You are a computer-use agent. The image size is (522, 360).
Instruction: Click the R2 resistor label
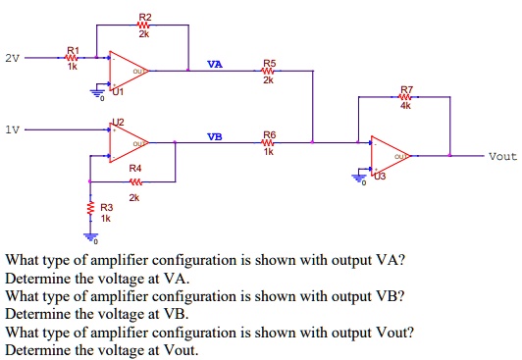coord(145,18)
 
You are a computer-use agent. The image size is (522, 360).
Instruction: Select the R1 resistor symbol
coord(71,58)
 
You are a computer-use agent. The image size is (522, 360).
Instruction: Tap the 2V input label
coord(11,58)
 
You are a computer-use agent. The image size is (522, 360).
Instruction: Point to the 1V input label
coord(11,129)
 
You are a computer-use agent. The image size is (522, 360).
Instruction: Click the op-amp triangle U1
coord(127,70)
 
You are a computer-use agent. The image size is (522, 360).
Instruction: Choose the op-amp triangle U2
coord(127,142)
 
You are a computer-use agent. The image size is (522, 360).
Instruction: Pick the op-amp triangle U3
coord(389,155)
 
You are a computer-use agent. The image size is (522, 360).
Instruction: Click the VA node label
coord(215,64)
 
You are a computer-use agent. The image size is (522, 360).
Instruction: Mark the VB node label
coord(215,135)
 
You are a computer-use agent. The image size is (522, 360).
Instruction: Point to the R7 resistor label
coord(406,88)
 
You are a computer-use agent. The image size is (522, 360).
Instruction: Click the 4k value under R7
coord(406,107)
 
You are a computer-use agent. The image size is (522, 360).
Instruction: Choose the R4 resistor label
coord(134,169)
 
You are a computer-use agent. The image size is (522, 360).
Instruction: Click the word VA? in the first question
coord(391,261)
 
